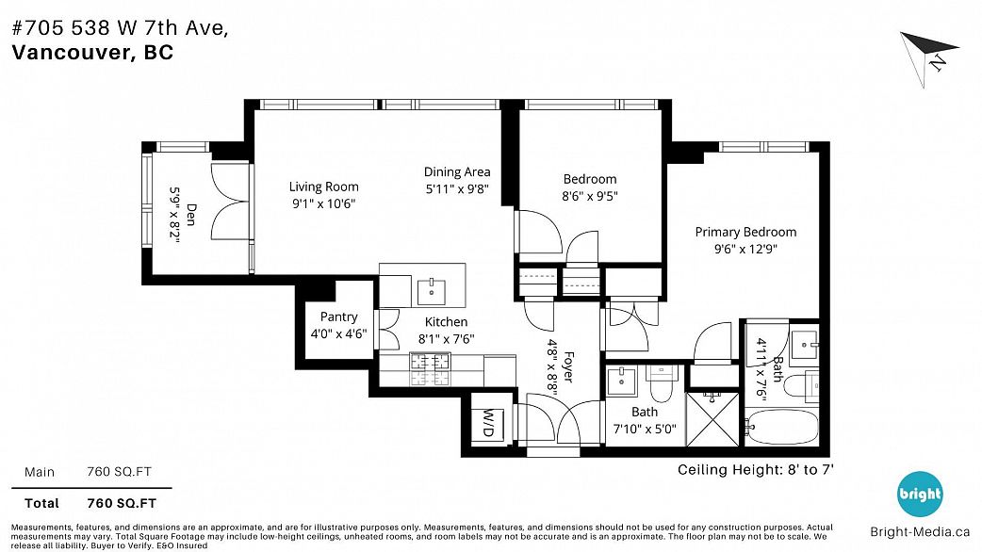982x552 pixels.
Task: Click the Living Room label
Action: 324,187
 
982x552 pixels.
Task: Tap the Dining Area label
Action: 457,172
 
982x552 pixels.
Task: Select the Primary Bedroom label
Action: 745,232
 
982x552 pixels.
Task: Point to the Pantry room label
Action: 339,317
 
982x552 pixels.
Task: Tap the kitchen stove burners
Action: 431,369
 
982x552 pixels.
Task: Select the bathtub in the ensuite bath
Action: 781,426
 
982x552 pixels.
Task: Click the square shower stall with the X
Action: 713,418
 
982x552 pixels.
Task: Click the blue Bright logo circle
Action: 920,495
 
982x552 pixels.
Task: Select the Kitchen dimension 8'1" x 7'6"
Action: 446,338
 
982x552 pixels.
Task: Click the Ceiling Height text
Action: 756,470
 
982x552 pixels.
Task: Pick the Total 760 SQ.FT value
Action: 122,503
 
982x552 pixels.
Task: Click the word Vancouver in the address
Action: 70,52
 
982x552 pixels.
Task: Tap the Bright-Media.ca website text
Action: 920,532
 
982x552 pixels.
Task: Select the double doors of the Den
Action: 230,201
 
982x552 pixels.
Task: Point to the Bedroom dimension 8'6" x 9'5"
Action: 590,196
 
